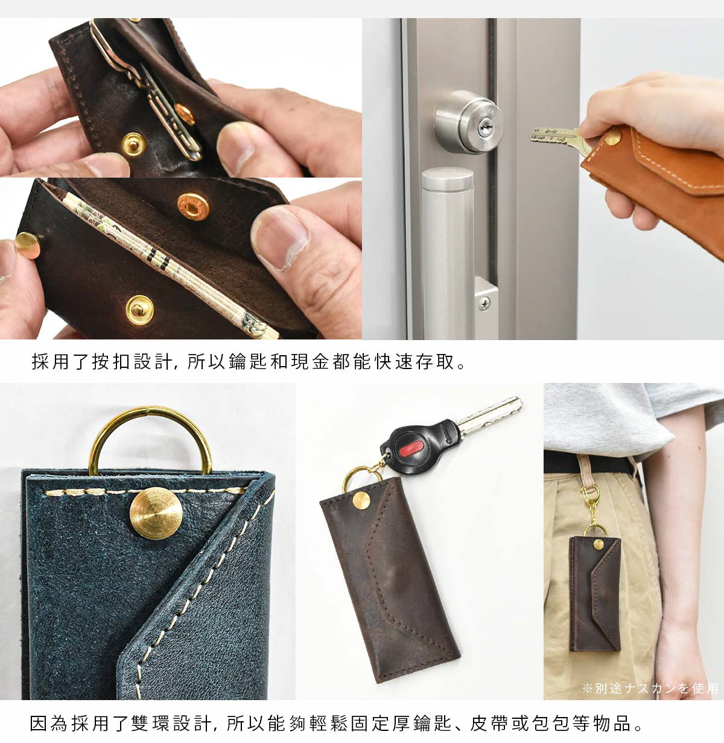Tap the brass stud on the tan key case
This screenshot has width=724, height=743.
[613, 138]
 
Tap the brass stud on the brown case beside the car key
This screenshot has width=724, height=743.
[362, 501]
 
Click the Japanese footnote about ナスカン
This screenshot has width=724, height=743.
[650, 689]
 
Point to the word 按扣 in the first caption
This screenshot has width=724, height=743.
[112, 362]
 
